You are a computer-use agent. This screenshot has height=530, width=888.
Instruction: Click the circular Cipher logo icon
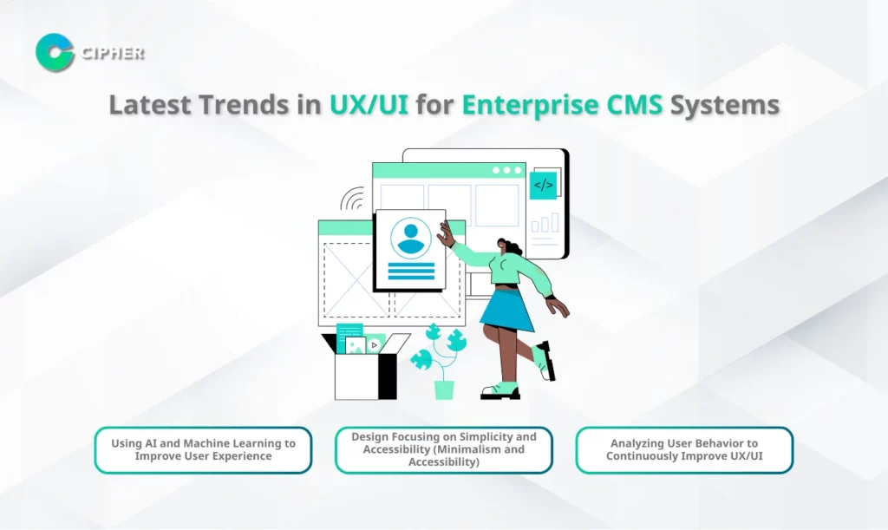tap(55, 53)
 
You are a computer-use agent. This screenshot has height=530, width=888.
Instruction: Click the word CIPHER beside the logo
tap(113, 53)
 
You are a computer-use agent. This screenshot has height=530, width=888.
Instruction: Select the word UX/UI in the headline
tap(369, 105)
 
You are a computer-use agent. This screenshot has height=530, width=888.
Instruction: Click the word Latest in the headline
tap(150, 105)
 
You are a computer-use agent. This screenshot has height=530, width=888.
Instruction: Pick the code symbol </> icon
tap(543, 185)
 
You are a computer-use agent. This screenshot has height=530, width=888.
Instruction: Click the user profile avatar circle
tap(410, 239)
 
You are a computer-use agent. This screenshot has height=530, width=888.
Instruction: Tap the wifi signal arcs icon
tap(352, 199)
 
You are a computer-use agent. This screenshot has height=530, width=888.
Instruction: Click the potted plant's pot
tap(444, 390)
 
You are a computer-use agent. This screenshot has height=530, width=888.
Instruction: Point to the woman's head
tap(509, 247)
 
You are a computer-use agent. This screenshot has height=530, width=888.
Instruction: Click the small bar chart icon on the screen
tap(545, 223)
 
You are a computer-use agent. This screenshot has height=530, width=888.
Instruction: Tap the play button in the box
tap(375, 345)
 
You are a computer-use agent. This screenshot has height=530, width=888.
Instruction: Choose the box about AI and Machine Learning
tap(203, 450)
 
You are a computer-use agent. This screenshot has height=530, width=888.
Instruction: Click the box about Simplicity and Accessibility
tap(444, 450)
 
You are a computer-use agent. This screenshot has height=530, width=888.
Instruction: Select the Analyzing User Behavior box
tap(684, 450)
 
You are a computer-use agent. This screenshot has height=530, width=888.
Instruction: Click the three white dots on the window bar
tap(506, 170)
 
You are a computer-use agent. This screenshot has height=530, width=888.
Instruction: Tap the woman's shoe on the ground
tap(500, 392)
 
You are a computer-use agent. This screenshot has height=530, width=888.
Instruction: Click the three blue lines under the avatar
tap(411, 272)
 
